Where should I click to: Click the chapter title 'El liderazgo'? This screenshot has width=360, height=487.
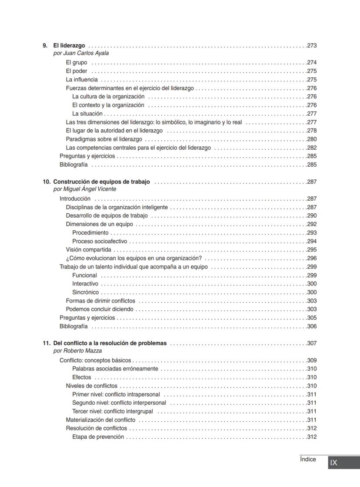(69, 45)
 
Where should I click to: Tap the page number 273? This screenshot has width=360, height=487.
(312, 45)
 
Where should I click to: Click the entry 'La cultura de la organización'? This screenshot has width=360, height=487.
(108, 97)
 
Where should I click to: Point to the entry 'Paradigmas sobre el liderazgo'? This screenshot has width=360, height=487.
(104, 139)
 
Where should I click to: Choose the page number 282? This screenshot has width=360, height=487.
(312, 148)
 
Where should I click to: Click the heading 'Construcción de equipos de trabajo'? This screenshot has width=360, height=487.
(102, 182)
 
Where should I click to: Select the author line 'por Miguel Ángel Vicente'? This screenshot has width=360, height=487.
(85, 189)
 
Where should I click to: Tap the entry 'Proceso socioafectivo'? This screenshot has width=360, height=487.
(100, 241)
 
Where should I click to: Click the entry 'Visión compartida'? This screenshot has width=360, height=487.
(88, 250)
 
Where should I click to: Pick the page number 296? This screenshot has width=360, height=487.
(312, 258)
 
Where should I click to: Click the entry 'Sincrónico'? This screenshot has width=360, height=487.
(85, 292)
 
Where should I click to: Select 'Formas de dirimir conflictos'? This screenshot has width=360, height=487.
(100, 301)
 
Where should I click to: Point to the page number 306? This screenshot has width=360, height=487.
(312, 326)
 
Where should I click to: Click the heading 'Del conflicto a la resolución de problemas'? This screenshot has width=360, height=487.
(110, 343)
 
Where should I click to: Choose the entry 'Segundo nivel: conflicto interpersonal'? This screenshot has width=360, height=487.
(119, 403)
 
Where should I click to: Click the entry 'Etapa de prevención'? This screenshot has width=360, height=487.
(98, 437)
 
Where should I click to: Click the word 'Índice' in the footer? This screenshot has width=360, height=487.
(308, 459)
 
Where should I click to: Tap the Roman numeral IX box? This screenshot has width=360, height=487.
(334, 463)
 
